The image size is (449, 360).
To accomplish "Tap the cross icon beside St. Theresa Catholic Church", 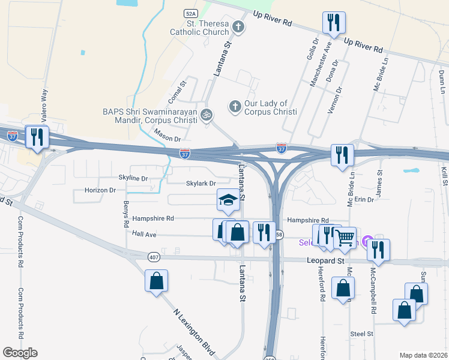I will pos(238,26).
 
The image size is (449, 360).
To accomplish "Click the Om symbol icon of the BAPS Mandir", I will pos(206,114).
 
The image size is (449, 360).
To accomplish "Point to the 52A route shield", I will pos(191,12).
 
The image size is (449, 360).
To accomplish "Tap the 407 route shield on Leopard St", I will pos(154,257).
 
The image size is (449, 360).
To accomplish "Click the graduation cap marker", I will pos(228,200).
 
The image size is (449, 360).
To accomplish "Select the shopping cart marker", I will pos(345,238).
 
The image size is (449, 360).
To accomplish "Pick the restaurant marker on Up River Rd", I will pos(333,23).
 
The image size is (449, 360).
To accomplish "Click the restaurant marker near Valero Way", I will pos(37,137).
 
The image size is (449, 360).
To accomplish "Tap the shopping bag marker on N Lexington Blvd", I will pos(156,281).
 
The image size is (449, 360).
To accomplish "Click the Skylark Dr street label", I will pos(200,183).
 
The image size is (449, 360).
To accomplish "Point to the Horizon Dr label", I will pos(100,190).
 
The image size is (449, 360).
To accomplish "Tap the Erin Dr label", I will pos(364,199).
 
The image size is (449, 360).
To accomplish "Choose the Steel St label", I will pos(362,333).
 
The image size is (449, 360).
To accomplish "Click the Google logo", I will pos(20,353).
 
